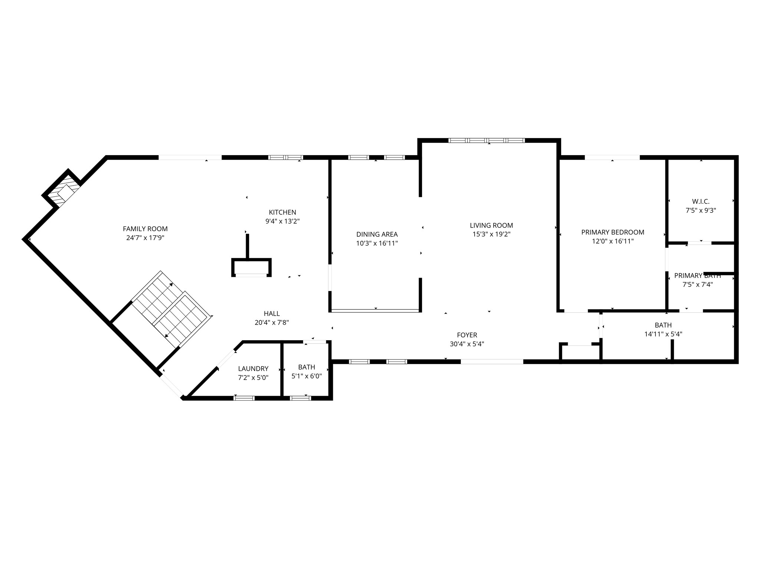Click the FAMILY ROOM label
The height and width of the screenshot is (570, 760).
coord(145,229)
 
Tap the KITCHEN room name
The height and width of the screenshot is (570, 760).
coord(282,212)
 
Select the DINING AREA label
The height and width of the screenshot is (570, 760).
coord(377,234)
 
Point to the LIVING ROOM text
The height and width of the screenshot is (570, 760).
coord(491,225)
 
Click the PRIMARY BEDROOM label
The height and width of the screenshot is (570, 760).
coord(613,232)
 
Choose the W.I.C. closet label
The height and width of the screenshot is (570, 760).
coord(701,202)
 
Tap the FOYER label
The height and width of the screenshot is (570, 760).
coord(467,335)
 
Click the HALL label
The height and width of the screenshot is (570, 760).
coord(272,314)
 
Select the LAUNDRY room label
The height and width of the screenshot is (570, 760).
coord(253,368)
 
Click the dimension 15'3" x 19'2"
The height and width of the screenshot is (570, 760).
coord(491,234)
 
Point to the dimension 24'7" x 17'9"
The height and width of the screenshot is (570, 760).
coord(145,238)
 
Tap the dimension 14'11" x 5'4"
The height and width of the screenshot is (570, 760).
coord(663,334)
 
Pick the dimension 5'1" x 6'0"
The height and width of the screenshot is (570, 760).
coord(307,376)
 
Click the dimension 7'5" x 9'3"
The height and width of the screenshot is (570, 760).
coord(701,210)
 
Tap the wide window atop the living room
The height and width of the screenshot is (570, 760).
coord(487,140)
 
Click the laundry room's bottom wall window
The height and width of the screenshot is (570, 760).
coord(244,398)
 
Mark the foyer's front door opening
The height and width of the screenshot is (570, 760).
coord(492,361)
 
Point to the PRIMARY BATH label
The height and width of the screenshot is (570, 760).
coord(698,276)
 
